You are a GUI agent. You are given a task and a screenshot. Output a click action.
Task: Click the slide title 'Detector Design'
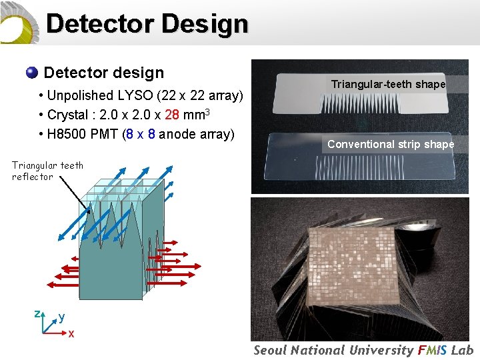tap(147, 23)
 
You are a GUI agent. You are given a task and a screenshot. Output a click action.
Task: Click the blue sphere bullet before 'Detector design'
tap(31, 73)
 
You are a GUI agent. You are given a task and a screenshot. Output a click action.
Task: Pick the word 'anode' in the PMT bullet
tap(177, 134)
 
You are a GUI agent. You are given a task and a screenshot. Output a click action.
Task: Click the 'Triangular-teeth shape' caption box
tap(388, 84)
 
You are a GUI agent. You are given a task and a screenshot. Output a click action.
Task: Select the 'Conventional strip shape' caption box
tap(390, 144)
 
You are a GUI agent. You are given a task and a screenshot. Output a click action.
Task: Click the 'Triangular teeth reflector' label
tap(47, 171)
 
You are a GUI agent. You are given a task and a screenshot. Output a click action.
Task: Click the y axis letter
tap(61, 317)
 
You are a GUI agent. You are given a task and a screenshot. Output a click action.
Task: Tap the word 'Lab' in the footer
tap(462, 350)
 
